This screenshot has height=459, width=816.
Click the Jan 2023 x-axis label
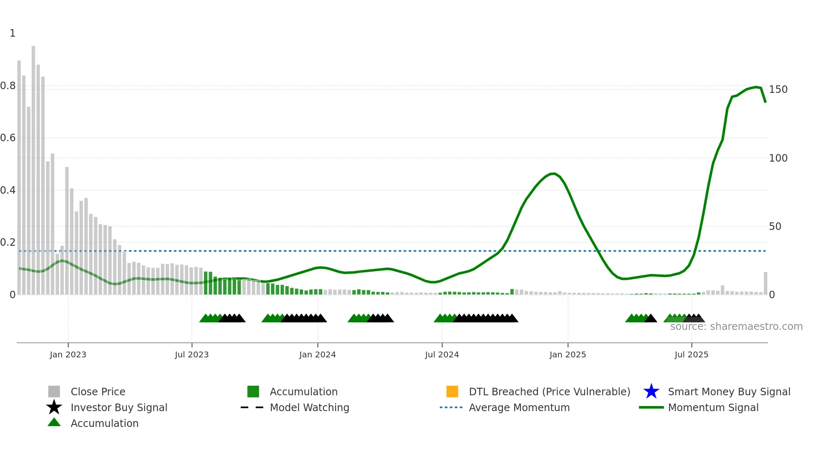(68, 354)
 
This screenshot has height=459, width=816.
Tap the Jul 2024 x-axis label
(442, 354)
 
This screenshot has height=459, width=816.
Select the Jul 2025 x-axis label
(691, 354)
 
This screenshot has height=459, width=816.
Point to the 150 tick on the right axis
(778, 90)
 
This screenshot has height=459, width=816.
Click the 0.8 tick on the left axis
(8, 86)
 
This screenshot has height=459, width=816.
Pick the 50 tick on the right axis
(775, 227)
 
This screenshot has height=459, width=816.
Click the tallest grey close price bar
(33, 167)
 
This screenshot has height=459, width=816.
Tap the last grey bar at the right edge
(765, 283)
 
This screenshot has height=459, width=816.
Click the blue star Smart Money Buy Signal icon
(651, 392)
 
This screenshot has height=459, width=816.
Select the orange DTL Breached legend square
(452, 392)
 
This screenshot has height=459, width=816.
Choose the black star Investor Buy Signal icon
(54, 407)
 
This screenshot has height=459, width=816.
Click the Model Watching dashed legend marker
(252, 407)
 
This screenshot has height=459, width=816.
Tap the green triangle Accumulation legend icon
(54, 422)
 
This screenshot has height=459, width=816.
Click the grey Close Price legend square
(54, 392)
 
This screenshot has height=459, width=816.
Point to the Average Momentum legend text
(519, 407)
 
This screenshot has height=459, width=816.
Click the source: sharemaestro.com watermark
(736, 327)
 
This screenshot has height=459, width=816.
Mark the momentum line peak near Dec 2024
(553, 173)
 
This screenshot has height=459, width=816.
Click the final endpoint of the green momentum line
(765, 102)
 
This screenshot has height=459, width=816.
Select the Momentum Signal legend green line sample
(651, 407)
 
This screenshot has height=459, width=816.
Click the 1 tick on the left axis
(12, 33)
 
